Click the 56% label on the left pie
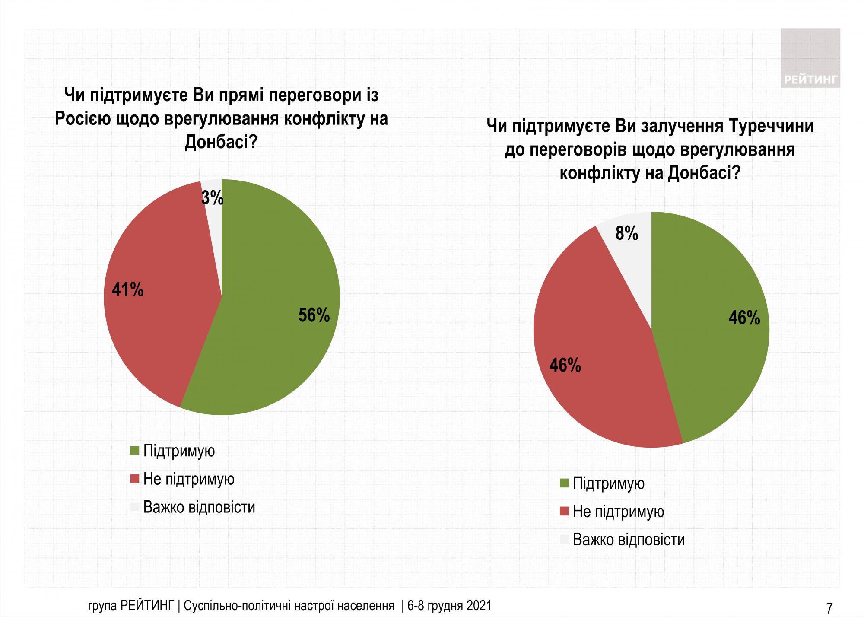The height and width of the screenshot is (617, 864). [314, 315]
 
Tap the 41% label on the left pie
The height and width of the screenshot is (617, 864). [127, 289]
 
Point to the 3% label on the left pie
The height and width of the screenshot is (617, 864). [213, 198]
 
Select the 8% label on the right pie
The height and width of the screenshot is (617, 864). [627, 234]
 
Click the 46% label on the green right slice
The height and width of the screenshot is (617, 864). [744, 318]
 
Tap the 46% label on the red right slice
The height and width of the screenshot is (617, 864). [565, 366]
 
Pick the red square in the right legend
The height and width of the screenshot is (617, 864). [564, 512]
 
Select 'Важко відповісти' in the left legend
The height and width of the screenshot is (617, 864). [199, 507]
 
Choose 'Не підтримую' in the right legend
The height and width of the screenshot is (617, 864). [618, 512]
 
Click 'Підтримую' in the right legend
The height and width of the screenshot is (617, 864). [609, 483]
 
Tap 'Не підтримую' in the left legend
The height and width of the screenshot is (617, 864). [189, 479]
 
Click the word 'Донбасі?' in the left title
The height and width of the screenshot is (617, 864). [221, 142]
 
